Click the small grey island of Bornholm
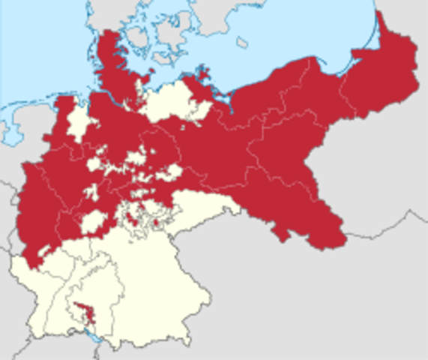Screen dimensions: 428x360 pos(241,42)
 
